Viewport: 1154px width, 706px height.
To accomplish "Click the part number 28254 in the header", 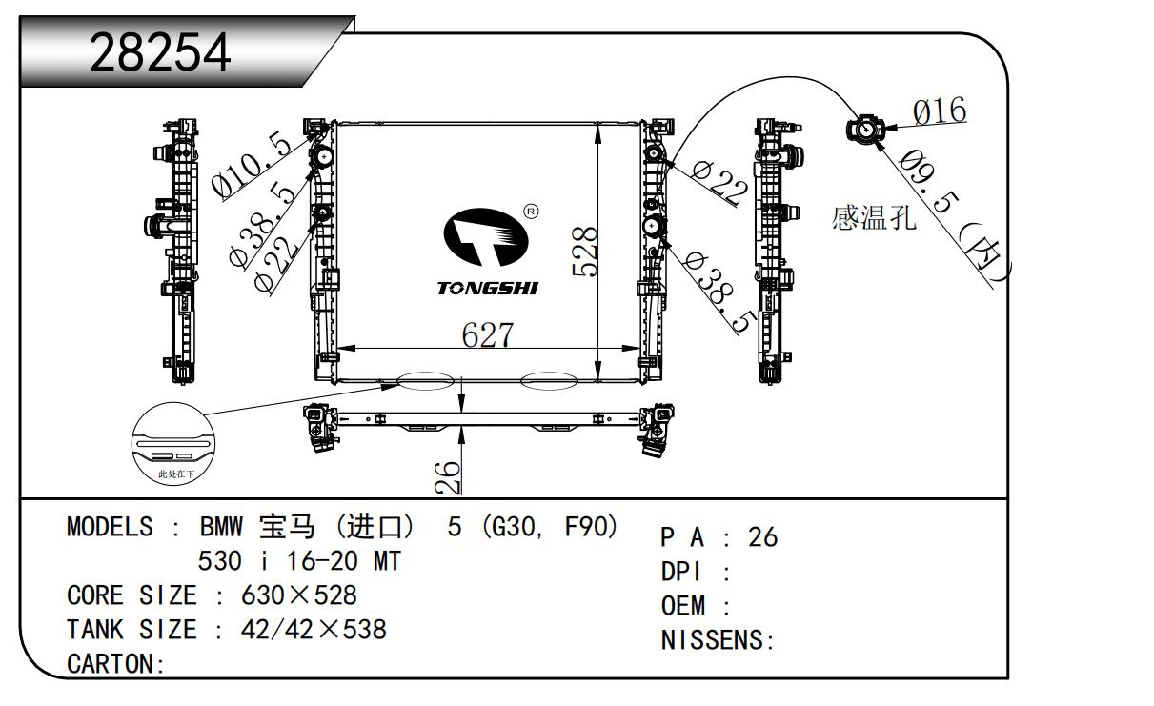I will pos(160,53).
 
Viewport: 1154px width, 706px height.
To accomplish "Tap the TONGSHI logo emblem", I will pos(488,238).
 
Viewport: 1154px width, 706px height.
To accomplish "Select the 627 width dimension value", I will pos(487,335).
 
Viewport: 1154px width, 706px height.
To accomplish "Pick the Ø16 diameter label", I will pos(939,111).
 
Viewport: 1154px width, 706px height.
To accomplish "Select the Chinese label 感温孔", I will pos(874,219).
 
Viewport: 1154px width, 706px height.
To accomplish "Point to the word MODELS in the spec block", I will pos(110,527).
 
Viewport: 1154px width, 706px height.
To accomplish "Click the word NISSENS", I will pos(714,641).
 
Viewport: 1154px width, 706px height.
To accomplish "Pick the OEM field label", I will pos(683,606).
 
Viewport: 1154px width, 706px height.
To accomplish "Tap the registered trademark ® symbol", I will pos(531,210).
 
